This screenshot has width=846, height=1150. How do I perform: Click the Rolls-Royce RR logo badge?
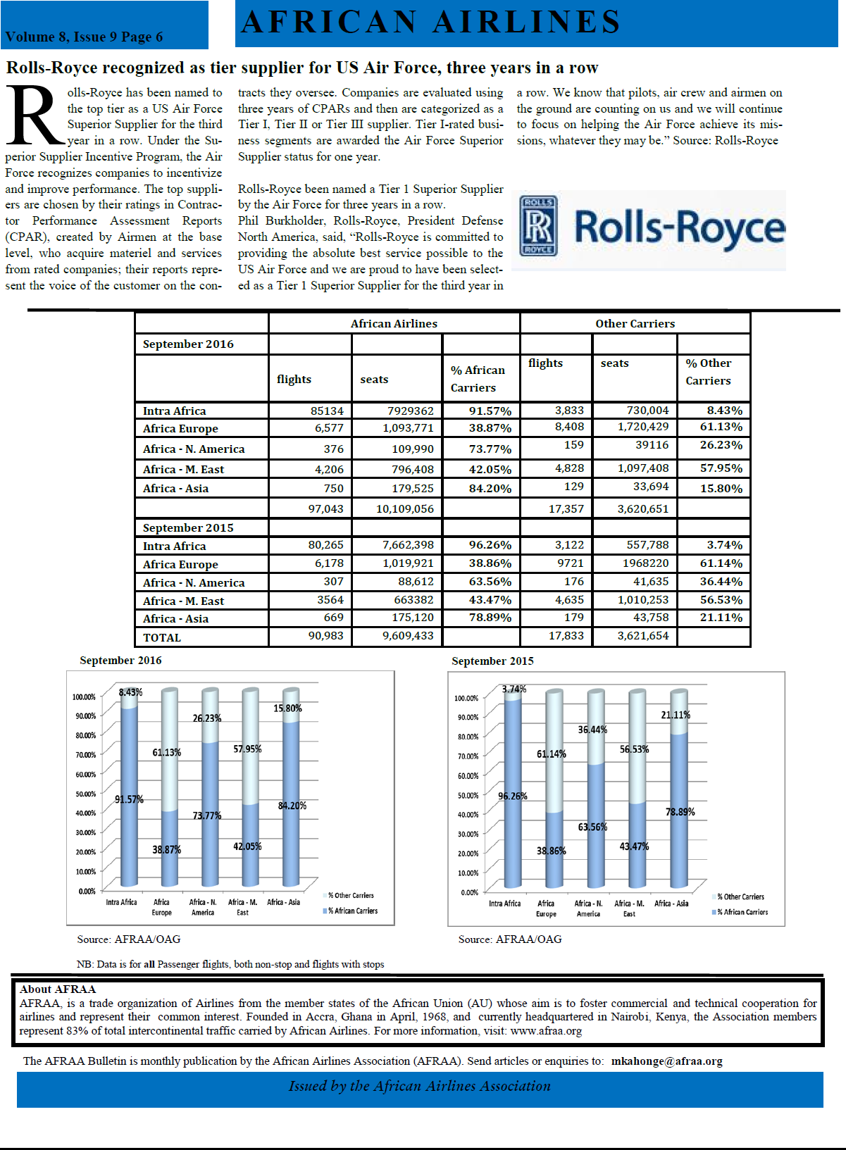(x=538, y=225)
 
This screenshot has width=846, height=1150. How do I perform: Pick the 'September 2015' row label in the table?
(x=188, y=527)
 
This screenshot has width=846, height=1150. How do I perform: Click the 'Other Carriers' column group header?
(x=635, y=323)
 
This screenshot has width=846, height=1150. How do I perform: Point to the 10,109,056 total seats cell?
(x=404, y=508)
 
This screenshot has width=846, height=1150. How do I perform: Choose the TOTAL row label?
(x=162, y=637)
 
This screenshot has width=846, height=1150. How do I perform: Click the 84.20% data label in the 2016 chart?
(x=292, y=806)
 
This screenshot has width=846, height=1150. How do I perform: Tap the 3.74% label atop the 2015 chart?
(x=514, y=689)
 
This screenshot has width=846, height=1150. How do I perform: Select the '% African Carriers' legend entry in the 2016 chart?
(x=352, y=911)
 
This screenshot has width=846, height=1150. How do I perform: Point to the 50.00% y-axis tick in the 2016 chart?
(x=84, y=794)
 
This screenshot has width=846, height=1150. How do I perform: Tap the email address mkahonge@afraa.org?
(x=666, y=1061)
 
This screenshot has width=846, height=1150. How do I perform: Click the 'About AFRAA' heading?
(x=58, y=989)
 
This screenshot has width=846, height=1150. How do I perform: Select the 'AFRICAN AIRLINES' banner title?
(x=431, y=22)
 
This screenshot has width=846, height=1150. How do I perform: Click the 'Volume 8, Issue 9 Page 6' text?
(x=84, y=37)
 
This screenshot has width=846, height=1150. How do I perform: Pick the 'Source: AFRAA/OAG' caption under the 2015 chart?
(x=510, y=939)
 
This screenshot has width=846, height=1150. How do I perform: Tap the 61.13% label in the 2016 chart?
(x=167, y=752)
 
